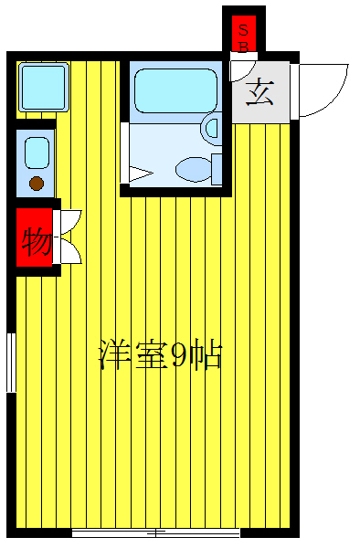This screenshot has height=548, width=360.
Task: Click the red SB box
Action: click(244, 35)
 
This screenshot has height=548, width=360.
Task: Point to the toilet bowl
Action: click(193, 168)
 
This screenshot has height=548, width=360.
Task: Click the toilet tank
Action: click(217, 168)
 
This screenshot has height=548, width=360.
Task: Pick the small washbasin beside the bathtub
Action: click(212, 128)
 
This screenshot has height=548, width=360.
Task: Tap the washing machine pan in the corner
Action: click(43, 87)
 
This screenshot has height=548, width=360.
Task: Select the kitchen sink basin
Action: click(37, 152)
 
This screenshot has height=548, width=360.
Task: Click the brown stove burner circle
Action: click(36, 184)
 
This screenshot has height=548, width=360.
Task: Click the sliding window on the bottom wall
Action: click(155, 532)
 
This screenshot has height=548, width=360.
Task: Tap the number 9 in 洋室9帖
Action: click(181, 355)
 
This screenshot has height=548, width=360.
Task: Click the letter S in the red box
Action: click(243, 28)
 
